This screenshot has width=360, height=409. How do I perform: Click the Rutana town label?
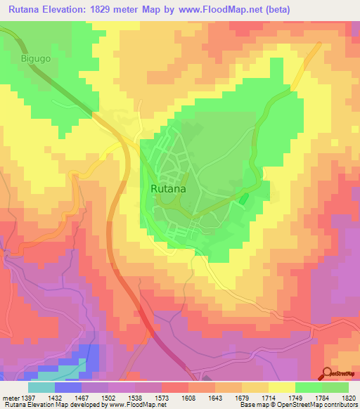[168, 188]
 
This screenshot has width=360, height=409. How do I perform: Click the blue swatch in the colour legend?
[68, 387]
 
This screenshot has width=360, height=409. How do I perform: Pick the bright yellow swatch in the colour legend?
[282, 387]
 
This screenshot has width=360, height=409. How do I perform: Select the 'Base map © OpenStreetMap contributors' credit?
[297, 404]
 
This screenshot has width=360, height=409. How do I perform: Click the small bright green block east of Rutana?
[244, 199]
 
